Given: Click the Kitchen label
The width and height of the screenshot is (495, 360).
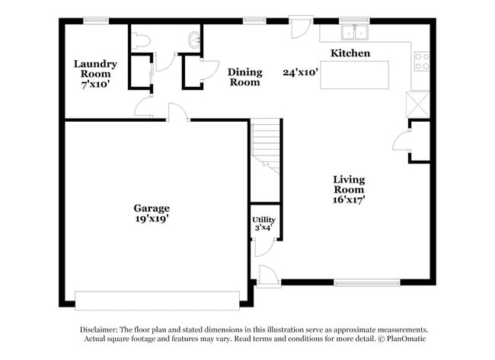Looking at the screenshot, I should tap(350, 53).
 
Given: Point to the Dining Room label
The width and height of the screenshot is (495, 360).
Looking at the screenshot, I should tap(245, 77).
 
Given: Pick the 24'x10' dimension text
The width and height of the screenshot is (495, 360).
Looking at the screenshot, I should tap(301, 72).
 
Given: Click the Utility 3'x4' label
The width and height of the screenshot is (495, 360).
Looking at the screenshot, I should tap(264, 223).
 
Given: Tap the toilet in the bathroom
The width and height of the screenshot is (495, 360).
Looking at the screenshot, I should tap(139, 41).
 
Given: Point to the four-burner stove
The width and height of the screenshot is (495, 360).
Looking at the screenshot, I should tap(421, 61).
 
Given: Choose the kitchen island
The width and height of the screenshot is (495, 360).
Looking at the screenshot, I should tap(355, 75).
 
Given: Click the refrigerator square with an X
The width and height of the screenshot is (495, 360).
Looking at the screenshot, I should tap(419, 102).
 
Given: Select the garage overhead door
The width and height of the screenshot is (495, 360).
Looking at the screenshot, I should tap(157, 301).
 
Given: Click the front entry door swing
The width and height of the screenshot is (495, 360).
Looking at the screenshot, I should tap(268, 275).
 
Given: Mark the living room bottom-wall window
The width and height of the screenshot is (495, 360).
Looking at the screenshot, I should tap(367, 283).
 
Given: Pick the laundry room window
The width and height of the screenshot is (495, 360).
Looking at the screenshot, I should tap(95, 21).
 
